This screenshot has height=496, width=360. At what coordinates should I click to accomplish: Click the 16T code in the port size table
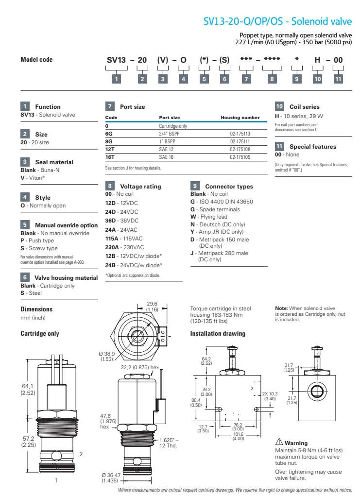coord(110,158)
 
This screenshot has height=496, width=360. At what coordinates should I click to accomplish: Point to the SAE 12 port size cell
coord(167,151)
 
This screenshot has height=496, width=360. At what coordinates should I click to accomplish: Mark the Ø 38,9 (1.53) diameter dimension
coord(106,357)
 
